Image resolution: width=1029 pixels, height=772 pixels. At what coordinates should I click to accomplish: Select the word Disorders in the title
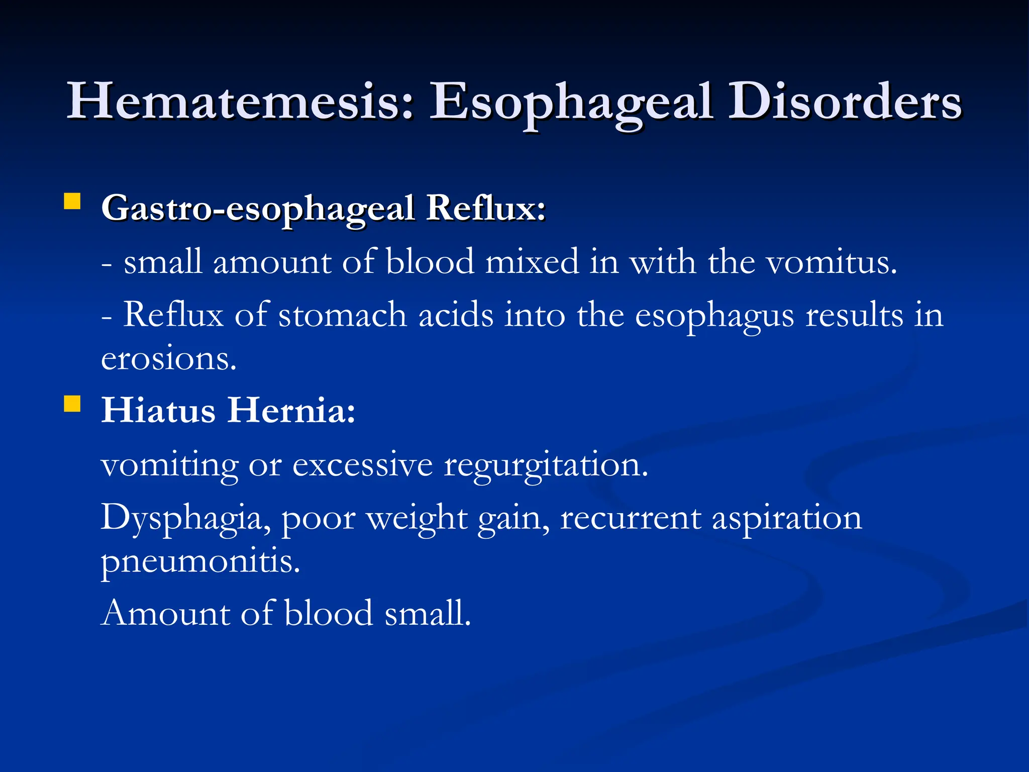coord(845,102)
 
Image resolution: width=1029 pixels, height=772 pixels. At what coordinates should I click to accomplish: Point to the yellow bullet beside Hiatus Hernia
coord(72,404)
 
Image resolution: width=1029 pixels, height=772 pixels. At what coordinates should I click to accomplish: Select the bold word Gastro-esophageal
coord(258,209)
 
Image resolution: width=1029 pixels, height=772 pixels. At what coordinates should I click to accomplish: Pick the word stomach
coord(343,316)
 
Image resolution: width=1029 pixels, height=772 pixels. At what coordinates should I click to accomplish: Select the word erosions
coord(168,359)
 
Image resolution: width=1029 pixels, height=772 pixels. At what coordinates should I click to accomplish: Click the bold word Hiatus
coord(158,411)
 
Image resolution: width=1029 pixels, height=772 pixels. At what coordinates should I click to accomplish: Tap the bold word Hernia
coord(291,411)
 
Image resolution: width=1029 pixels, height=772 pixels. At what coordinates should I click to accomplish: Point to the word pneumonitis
coord(200,562)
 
